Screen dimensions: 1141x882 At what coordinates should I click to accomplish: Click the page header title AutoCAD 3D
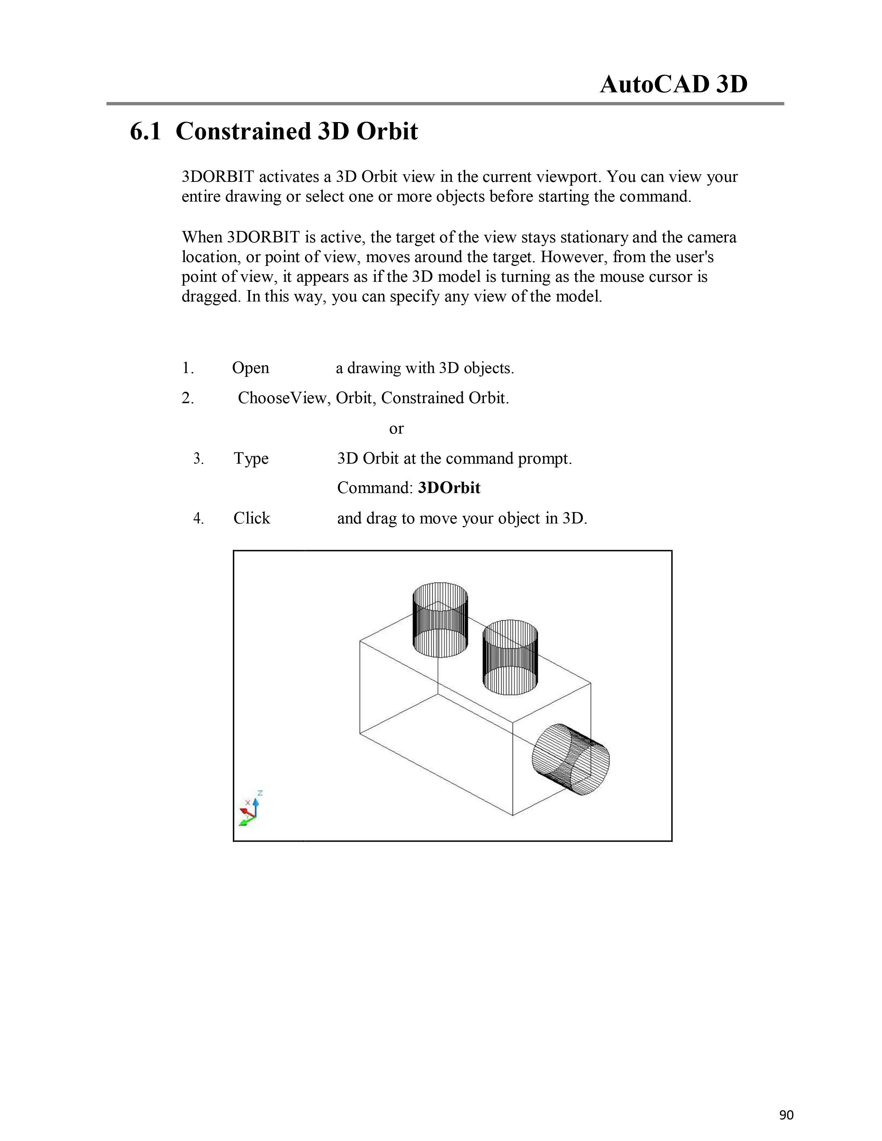[x=673, y=84]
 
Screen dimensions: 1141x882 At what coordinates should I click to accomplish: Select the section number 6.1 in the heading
[x=145, y=131]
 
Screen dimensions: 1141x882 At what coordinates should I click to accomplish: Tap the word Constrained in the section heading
[x=243, y=131]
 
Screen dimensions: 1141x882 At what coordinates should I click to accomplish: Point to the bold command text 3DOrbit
[x=449, y=488]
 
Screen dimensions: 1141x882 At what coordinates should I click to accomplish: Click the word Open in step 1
[x=250, y=368]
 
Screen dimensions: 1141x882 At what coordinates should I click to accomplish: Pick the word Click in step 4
[x=251, y=518]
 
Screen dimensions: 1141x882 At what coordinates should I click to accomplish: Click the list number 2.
[x=187, y=399]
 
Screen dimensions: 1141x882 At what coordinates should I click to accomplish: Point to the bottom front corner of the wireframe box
[x=513, y=815]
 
